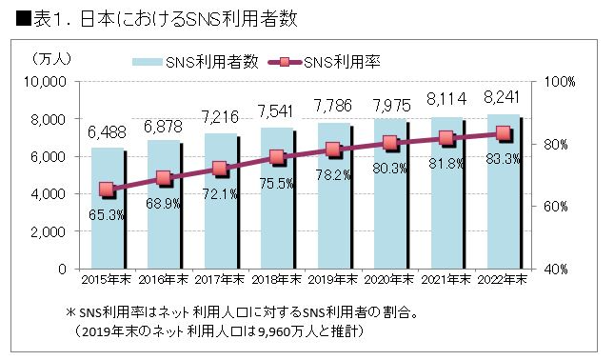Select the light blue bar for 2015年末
pos(106,219)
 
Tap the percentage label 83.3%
pos(502,159)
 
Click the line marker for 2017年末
pos(220,169)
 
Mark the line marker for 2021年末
pos(446,138)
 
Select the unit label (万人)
pos(47,60)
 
